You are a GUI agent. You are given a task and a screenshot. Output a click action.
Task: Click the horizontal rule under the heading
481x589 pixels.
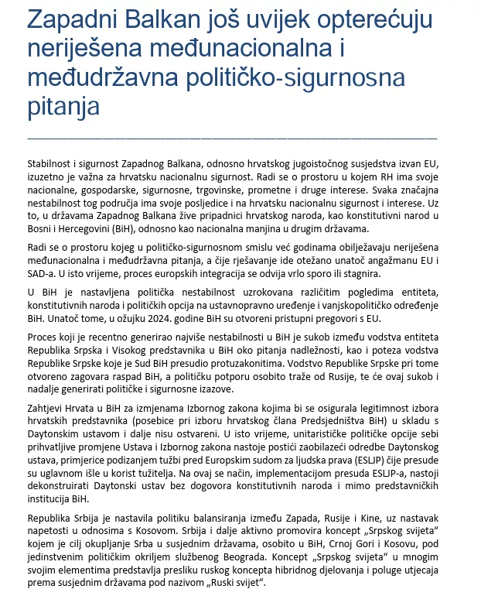pos(232,137)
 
